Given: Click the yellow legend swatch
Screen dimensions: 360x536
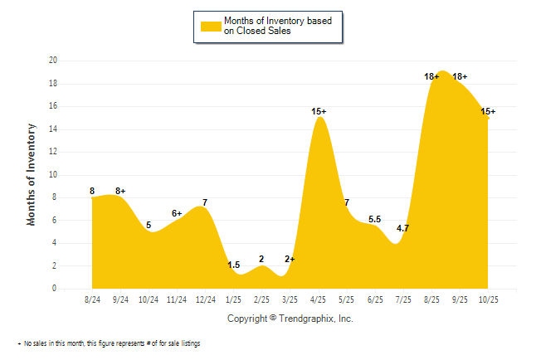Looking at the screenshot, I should pyautogui.click(x=211, y=26).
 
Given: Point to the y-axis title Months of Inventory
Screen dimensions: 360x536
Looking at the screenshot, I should pyautogui.click(x=32, y=174).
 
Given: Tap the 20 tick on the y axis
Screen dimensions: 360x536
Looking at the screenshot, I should pyautogui.click(x=52, y=61).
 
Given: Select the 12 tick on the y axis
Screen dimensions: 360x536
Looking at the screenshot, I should pyautogui.click(x=52, y=152).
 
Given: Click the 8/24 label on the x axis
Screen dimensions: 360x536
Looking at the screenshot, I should pyautogui.click(x=92, y=299).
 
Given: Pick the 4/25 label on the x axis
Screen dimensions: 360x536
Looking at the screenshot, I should pyautogui.click(x=318, y=299).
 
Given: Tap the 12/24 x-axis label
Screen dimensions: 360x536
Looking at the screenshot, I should pyautogui.click(x=205, y=299).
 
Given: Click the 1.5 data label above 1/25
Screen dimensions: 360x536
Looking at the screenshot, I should pyautogui.click(x=234, y=265).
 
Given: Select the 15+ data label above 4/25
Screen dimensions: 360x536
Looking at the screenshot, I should pyautogui.click(x=319, y=111).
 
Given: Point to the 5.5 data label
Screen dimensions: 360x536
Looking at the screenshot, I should pyautogui.click(x=375, y=220).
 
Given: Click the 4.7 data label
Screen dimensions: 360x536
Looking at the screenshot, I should pyautogui.click(x=403, y=228).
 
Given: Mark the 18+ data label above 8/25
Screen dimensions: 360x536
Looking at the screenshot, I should pyautogui.click(x=431, y=76).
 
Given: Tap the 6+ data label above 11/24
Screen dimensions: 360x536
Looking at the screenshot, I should pyautogui.click(x=177, y=213).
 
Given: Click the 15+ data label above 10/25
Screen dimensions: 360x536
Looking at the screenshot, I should pyautogui.click(x=488, y=111).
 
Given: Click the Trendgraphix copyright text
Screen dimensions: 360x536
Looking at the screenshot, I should pyautogui.click(x=290, y=319).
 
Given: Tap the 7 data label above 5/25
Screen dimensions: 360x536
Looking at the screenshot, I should pyautogui.click(x=347, y=203).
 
